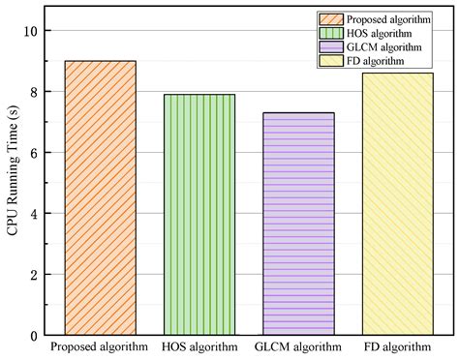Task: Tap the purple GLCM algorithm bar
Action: [299, 224]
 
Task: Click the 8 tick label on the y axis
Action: [33, 92]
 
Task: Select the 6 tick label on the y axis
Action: [33, 153]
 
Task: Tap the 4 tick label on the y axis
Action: [33, 214]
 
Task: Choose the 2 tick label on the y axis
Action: [33, 275]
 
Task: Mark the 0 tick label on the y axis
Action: [33, 336]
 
